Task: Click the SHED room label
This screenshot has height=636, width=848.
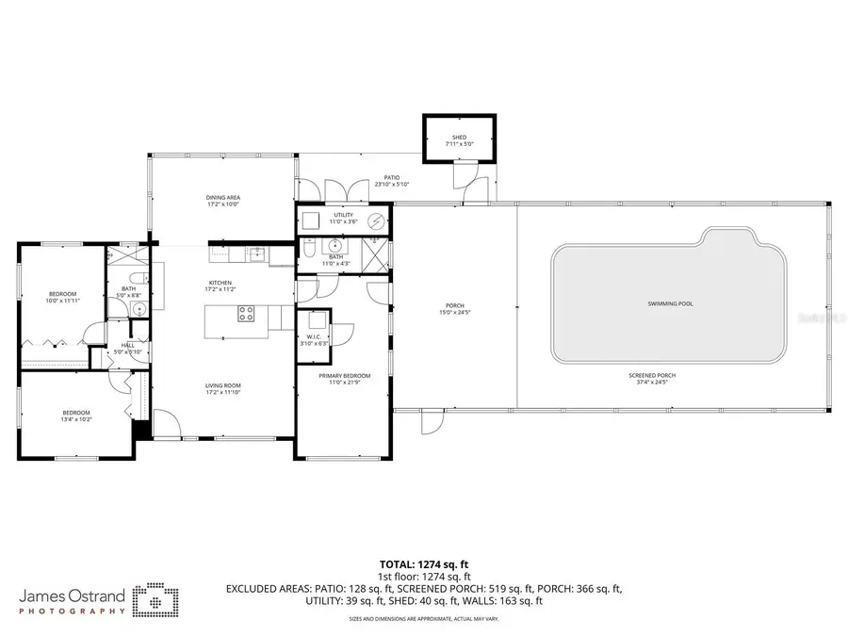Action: (459, 138)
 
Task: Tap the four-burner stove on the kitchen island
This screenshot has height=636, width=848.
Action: (246, 314)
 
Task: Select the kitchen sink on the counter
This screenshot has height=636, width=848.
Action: (255, 253)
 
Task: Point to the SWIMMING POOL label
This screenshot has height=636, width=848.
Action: (670, 304)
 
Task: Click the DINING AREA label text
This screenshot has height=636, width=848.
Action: (223, 198)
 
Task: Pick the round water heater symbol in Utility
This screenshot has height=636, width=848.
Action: (374, 221)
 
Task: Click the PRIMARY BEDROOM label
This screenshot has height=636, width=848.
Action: (344, 376)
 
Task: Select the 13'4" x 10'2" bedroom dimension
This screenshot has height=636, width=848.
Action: (76, 418)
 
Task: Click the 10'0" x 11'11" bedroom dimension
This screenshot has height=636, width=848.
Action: (62, 301)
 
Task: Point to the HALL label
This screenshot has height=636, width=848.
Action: (128, 345)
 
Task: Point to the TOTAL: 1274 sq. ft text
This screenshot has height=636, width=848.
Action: (424, 565)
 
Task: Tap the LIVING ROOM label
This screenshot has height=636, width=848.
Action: (223, 385)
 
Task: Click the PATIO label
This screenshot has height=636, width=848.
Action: (392, 177)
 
